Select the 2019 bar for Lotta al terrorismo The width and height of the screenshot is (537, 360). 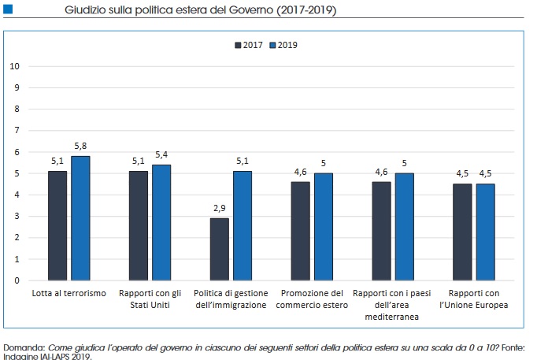[80, 218]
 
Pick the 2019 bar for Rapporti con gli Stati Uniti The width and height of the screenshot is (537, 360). [161, 222]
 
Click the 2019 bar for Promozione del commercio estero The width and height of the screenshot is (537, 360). [324, 227]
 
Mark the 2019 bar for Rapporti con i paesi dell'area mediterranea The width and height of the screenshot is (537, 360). [405, 227]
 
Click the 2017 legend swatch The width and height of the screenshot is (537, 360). [238, 45]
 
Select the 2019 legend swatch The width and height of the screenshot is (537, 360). [273, 45]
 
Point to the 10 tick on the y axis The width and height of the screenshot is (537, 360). [14, 66]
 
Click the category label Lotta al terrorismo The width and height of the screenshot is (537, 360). [69, 293]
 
